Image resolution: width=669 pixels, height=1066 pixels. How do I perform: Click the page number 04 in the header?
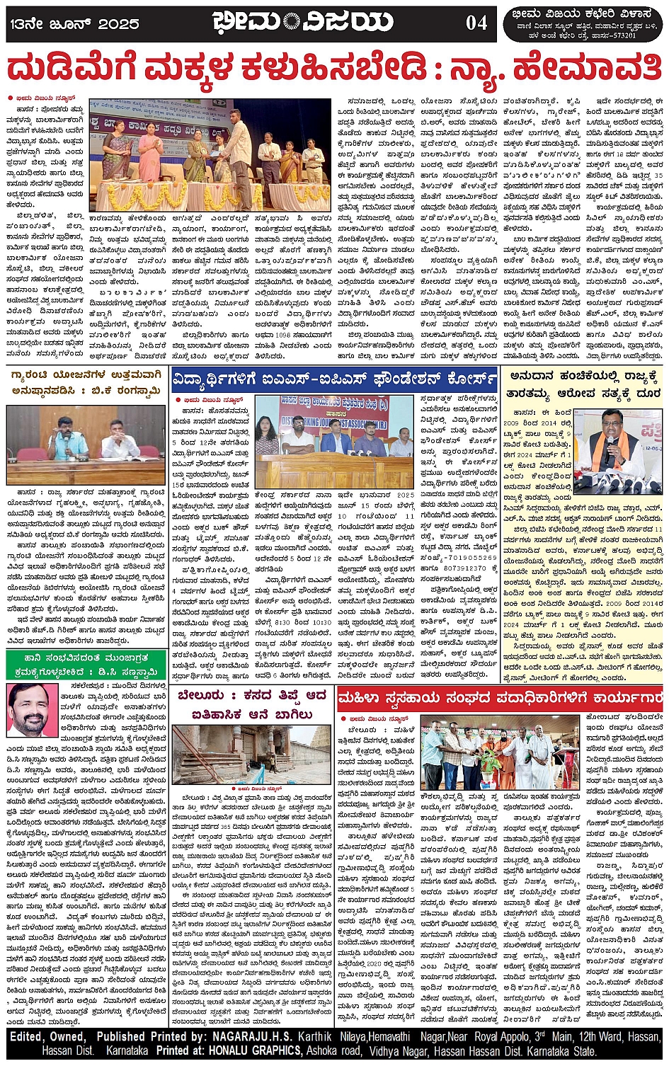476,23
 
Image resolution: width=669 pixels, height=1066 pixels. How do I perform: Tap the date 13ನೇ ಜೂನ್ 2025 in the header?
74,23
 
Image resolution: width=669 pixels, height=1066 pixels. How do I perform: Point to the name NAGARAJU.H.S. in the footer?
248,1036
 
